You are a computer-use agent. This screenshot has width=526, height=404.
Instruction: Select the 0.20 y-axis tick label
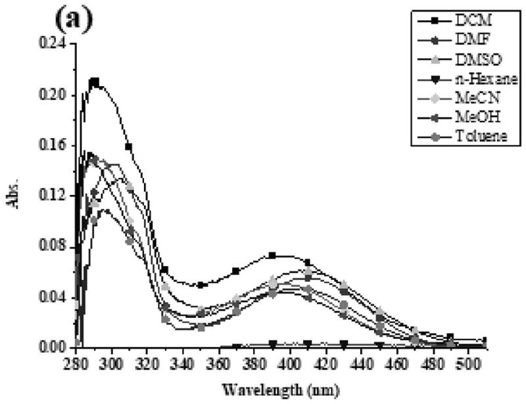click(54, 95)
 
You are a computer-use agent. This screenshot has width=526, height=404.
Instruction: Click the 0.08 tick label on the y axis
click(54, 246)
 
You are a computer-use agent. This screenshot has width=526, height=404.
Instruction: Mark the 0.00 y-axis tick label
click(54, 347)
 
